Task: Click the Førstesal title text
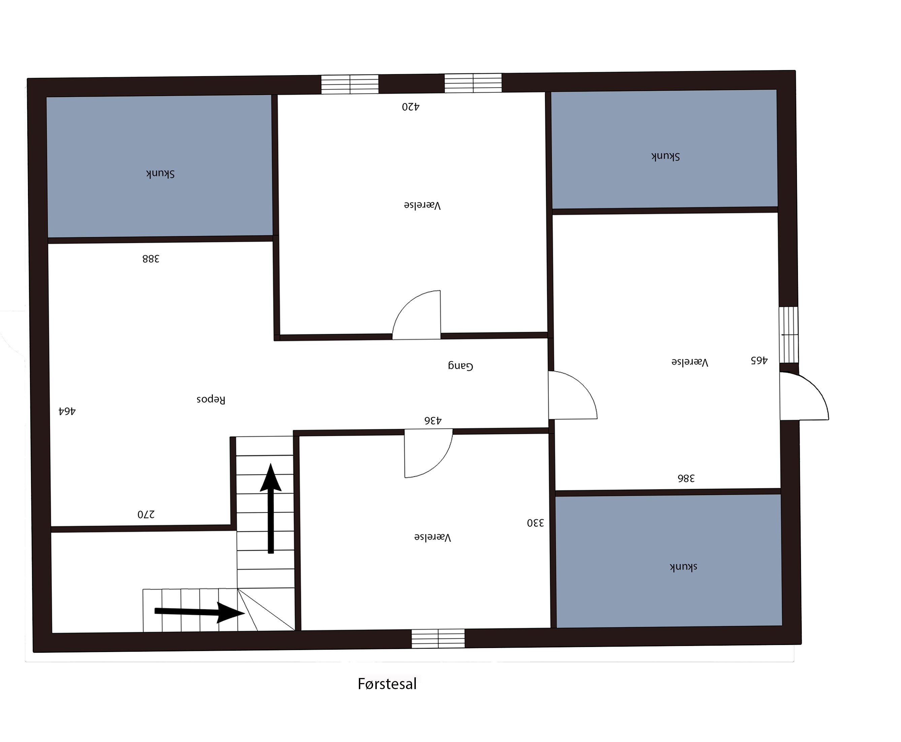pyautogui.click(x=387, y=684)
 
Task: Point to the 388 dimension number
pyautogui.click(x=151, y=259)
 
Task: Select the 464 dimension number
pyautogui.click(x=67, y=411)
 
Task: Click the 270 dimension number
pyautogui.click(x=146, y=514)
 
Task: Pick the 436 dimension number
pyautogui.click(x=433, y=421)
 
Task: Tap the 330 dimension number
pyautogui.click(x=535, y=523)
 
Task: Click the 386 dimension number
pyautogui.click(x=686, y=478)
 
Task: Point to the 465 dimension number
pyautogui.click(x=759, y=360)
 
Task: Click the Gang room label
pyautogui.click(x=461, y=366)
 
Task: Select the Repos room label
pyautogui.click(x=211, y=399)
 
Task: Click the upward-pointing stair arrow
pyautogui.click(x=270, y=508)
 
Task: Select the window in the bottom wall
pyautogui.click(x=438, y=639)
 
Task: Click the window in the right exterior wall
pyautogui.click(x=789, y=335)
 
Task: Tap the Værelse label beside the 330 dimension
pyautogui.click(x=433, y=537)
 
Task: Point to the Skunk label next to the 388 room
pyautogui.click(x=160, y=173)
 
